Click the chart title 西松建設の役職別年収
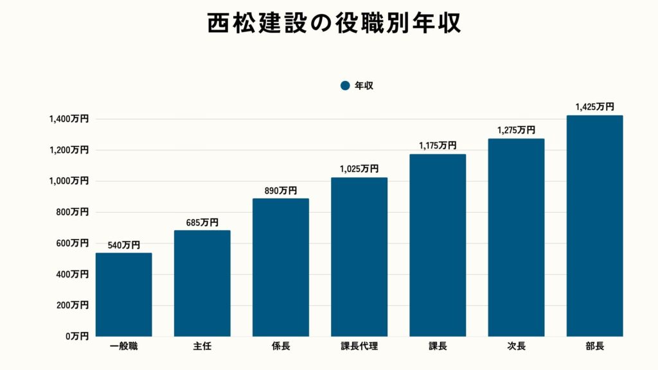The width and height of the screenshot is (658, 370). coord(329,24)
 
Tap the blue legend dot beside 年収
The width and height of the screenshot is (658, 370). coord(345,85)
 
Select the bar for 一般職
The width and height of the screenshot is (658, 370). coord(124,295)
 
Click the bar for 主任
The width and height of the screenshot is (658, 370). coord(202,283)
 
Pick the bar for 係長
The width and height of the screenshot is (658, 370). coord(281,267)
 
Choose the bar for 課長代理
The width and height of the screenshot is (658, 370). coord(359,257)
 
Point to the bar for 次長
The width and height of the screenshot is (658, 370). coord(516,238)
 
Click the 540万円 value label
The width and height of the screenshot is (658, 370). coord(123,245)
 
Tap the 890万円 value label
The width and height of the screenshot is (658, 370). coord(280,191)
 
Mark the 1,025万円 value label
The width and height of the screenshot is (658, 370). coord(359,169)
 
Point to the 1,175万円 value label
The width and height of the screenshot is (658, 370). coord(438,146)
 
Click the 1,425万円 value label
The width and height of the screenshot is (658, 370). coord(594,107)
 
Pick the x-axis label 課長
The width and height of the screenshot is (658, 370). coord(438,347)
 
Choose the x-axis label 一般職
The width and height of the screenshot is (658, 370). coord(124,347)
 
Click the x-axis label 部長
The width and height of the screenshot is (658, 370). coord(594,347)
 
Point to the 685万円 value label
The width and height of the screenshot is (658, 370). coord(202,222)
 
